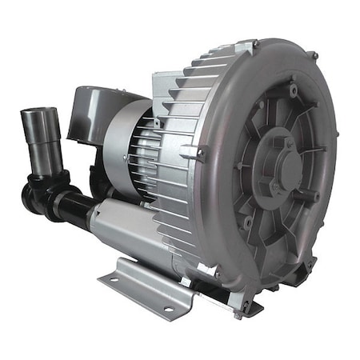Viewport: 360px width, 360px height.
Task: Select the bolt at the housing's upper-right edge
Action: tap(314, 55)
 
